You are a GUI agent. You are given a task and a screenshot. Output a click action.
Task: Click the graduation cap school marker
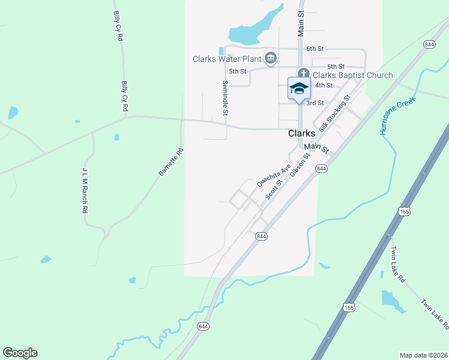click(x=299, y=89)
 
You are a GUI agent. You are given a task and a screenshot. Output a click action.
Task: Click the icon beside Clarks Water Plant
click(x=270, y=58)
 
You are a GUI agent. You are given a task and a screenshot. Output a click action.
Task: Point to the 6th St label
click(x=315, y=49)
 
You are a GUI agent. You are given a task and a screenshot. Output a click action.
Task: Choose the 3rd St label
click(x=315, y=103)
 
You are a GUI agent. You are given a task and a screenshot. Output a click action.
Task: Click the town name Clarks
click(x=302, y=134)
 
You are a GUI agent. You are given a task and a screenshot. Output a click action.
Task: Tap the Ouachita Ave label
click(x=274, y=174)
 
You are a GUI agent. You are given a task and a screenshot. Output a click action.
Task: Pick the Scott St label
click(x=274, y=187)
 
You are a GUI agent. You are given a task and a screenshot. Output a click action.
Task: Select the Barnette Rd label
click(x=170, y=163)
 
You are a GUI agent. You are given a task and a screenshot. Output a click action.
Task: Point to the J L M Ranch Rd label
click(x=85, y=191)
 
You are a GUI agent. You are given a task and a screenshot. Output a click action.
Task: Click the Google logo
click(x=20, y=353)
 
